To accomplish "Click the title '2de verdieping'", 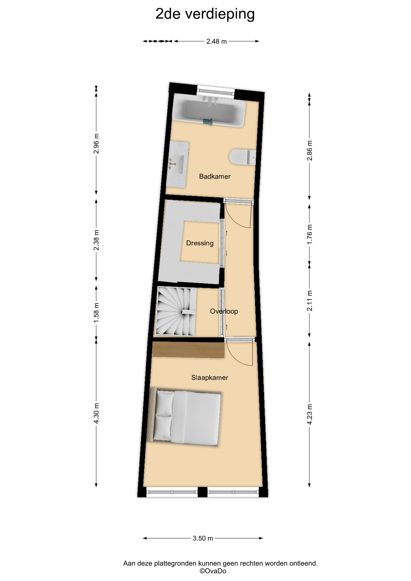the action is pyautogui.click(x=205, y=14).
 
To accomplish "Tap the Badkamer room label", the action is pyautogui.click(x=215, y=176).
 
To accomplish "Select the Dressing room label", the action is pyautogui.click(x=200, y=243).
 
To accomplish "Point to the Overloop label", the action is pyautogui.click(x=224, y=311).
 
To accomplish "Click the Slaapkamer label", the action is pyautogui.click(x=210, y=378).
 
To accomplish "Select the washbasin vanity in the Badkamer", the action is pyautogui.click(x=178, y=164).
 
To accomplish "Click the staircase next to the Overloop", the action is pyautogui.click(x=176, y=311).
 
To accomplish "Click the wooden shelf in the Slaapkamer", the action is pyautogui.click(x=188, y=350).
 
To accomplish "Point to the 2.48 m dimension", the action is pyautogui.click(x=216, y=41).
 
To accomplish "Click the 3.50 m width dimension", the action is pyautogui.click(x=203, y=538).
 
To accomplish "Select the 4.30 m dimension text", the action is pyautogui.click(x=96, y=413).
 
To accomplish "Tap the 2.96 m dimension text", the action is pyautogui.click(x=96, y=143).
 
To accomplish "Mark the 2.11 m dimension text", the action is pyautogui.click(x=309, y=301).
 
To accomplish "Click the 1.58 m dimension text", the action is pyautogui.click(x=96, y=313).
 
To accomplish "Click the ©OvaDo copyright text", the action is pyautogui.click(x=213, y=571).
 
